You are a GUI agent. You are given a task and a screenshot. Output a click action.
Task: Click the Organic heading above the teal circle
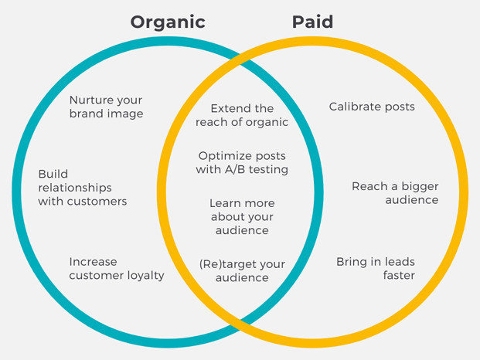coord(168,22)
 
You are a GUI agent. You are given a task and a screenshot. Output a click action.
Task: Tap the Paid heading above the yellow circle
coord(312,22)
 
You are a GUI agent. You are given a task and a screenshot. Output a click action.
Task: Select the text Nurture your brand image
coord(106,107)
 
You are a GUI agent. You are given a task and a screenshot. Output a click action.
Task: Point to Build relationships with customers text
coord(82,188)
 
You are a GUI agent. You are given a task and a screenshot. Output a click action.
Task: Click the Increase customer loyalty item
coord(117,269)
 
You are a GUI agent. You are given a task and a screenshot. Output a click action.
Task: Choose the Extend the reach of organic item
coord(242,115)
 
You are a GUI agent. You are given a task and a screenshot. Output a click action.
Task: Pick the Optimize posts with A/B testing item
coord(242,163)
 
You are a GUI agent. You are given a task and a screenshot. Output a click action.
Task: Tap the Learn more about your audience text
coord(242,216)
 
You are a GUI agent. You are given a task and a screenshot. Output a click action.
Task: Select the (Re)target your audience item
coord(242,270)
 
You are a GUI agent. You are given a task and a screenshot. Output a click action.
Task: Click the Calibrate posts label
coord(372,107)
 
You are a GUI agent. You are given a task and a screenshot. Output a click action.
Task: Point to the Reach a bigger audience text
coord(395,193)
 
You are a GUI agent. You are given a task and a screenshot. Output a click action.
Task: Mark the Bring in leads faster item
coord(376,269)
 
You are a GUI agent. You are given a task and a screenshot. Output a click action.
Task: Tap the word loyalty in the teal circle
coord(144,276)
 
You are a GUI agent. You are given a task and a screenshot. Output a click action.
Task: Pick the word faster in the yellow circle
coord(399,276)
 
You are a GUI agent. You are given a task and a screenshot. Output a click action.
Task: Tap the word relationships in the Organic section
coord(75,188)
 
